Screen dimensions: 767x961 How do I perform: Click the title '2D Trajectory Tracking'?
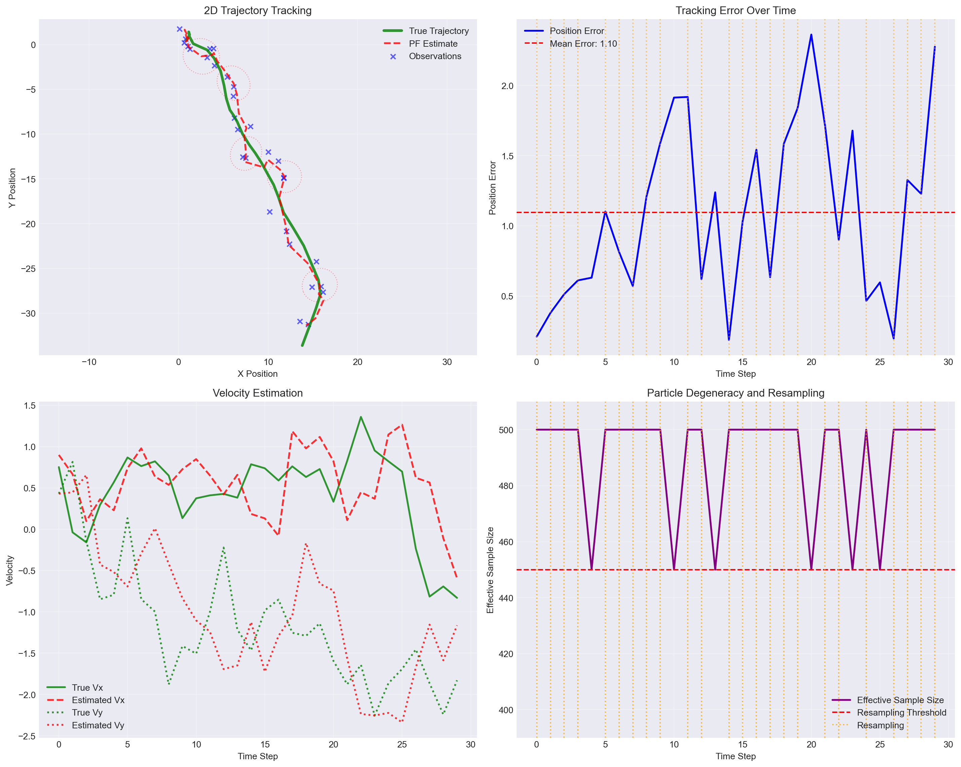[x=257, y=10]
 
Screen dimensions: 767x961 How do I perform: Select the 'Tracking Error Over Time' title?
[x=735, y=10]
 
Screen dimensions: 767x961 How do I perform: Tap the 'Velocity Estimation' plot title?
[x=257, y=393]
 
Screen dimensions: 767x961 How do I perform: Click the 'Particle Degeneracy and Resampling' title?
[x=735, y=393]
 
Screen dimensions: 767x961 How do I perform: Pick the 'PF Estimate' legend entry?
[x=433, y=44]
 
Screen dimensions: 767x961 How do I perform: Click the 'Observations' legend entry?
[x=435, y=56]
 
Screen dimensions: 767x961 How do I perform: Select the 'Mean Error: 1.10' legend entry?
[x=583, y=44]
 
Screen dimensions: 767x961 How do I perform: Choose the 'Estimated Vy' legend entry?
[x=97, y=725]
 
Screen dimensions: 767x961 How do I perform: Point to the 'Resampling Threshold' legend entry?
[x=901, y=713]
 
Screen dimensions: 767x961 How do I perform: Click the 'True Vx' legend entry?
[x=87, y=688]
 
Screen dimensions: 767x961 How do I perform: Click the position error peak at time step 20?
[x=811, y=34]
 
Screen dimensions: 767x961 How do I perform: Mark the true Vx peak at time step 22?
[x=361, y=417]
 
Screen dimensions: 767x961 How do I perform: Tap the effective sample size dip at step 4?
[x=592, y=569]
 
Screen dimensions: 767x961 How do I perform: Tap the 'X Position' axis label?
[x=257, y=373]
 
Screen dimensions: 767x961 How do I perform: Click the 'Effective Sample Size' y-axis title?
[x=490, y=570]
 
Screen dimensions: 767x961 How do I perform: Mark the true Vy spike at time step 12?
[x=224, y=547]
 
